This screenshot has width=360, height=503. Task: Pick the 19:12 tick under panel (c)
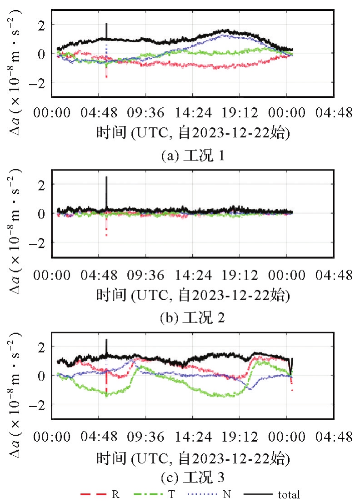click(240, 437)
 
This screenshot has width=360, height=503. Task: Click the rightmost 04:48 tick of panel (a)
click(335, 113)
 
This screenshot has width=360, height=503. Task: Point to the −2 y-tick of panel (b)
click(43, 243)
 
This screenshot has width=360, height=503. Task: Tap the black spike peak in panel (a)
click(106, 24)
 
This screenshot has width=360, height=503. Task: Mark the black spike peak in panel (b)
click(106, 177)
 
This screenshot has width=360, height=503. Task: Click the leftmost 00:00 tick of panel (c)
click(51, 437)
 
